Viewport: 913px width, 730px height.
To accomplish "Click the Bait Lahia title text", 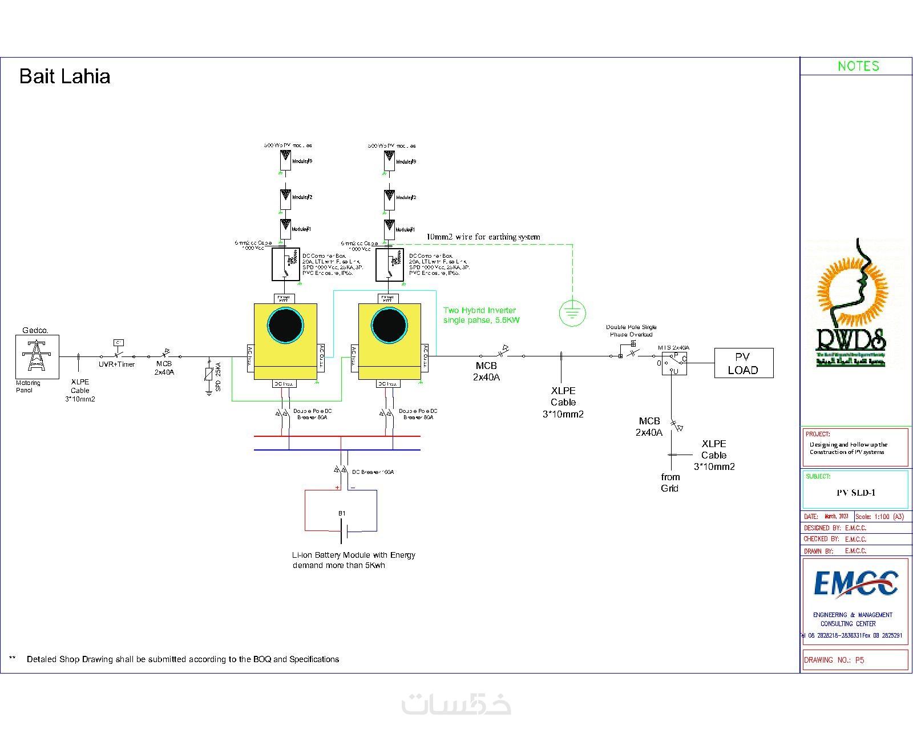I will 64,76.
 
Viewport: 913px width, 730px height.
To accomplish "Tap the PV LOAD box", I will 744,363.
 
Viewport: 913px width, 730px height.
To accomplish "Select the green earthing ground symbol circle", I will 572,313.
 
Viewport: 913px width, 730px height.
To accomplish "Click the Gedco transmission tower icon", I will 37,355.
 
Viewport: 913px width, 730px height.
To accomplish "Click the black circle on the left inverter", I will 285,326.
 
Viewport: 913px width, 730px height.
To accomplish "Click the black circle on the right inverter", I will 389,326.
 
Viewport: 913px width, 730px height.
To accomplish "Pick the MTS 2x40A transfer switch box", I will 674,363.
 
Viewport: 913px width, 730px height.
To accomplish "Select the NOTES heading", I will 858,66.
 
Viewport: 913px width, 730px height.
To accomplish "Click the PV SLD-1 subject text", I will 855,493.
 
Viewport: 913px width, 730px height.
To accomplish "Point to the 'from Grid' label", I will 670,482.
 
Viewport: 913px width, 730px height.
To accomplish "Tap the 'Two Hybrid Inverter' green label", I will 481,315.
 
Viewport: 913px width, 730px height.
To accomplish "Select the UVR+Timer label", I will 116,364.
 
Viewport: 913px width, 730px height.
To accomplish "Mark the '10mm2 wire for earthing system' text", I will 483,237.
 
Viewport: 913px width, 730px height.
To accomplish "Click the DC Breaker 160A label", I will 373,472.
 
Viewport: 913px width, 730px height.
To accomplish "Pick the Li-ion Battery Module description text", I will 353,560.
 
